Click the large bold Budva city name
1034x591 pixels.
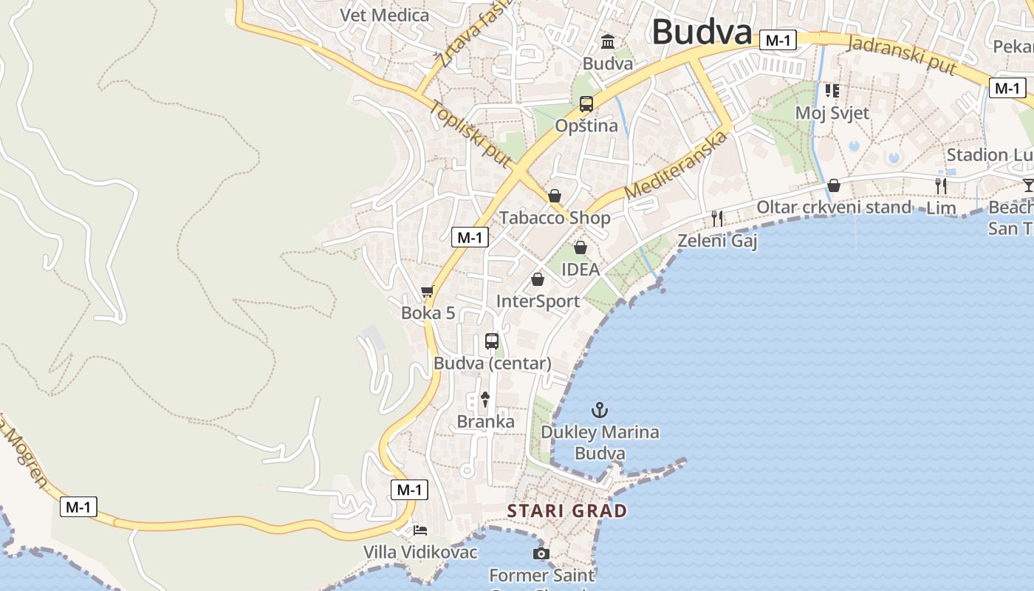(702, 32)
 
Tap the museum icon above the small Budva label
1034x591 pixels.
(608, 41)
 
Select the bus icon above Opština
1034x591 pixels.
(586, 104)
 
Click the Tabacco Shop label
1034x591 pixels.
(555, 217)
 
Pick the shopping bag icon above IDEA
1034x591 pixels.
(581, 247)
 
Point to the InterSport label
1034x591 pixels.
(538, 301)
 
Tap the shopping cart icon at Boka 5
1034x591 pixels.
(427, 293)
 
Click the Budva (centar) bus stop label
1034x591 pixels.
(492, 363)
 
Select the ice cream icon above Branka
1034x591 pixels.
(485, 400)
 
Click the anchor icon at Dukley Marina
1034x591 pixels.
(600, 410)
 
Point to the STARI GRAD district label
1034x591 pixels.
(566, 510)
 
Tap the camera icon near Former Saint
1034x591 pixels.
(541, 553)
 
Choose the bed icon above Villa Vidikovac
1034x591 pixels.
(420, 530)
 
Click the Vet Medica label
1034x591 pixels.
(384, 15)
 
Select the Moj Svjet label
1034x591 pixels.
(832, 113)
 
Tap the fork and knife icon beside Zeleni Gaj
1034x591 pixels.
(716, 218)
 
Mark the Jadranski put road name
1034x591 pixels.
(903, 54)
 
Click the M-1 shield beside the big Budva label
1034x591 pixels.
(778, 40)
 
